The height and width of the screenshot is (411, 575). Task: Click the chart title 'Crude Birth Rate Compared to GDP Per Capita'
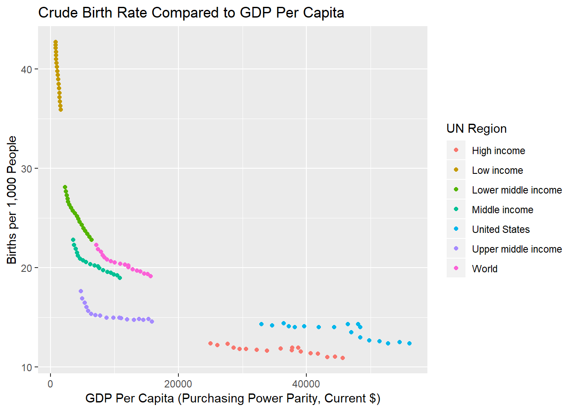[191, 13]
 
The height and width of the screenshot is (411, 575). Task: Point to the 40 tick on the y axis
[27, 69]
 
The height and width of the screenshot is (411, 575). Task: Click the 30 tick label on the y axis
[27, 169]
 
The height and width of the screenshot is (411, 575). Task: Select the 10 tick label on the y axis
[27, 367]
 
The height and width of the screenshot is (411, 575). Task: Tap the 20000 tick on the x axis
[178, 384]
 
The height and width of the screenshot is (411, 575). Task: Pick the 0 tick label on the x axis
[50, 384]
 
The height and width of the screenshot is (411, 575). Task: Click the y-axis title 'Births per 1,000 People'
[12, 200]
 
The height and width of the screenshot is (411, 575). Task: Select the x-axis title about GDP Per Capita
[233, 399]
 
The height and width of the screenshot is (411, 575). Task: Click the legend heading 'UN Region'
[476, 128]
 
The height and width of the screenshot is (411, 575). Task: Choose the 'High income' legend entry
[498, 151]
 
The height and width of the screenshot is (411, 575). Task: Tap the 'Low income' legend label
[497, 170]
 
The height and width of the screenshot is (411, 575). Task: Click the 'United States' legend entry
[501, 229]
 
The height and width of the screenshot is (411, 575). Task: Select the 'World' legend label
[484, 269]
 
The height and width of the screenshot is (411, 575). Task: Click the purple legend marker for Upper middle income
[456, 249]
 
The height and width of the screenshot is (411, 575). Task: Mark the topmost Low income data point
[56, 42]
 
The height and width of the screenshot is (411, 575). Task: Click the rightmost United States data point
[409, 343]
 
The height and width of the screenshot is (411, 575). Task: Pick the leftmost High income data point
[210, 343]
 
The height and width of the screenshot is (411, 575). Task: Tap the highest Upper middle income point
[81, 291]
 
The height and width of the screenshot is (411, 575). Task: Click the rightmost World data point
[151, 276]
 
